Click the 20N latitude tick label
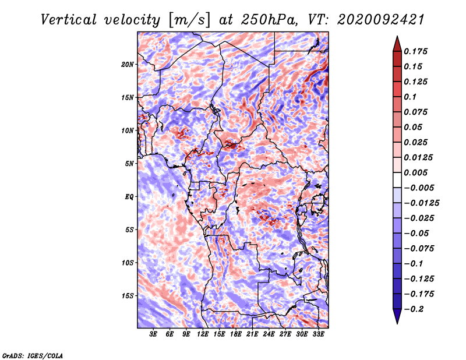[x=128, y=65]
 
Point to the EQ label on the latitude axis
[x=129, y=197]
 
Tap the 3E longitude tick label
[x=153, y=334]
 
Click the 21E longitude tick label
[x=252, y=334]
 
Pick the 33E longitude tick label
[x=318, y=334]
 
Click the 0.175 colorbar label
[x=415, y=51]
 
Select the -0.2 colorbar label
[x=414, y=309]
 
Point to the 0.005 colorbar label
[x=415, y=172]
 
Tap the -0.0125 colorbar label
[x=421, y=203]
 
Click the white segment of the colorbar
[x=397, y=180]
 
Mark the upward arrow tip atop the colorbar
[x=397, y=37]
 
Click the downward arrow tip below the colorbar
[x=397, y=323]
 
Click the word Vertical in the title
[x=69, y=20]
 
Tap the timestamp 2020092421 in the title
[x=381, y=20]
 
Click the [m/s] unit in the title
[x=189, y=20]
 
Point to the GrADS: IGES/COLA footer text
[x=33, y=355]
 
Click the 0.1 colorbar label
[x=410, y=97]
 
